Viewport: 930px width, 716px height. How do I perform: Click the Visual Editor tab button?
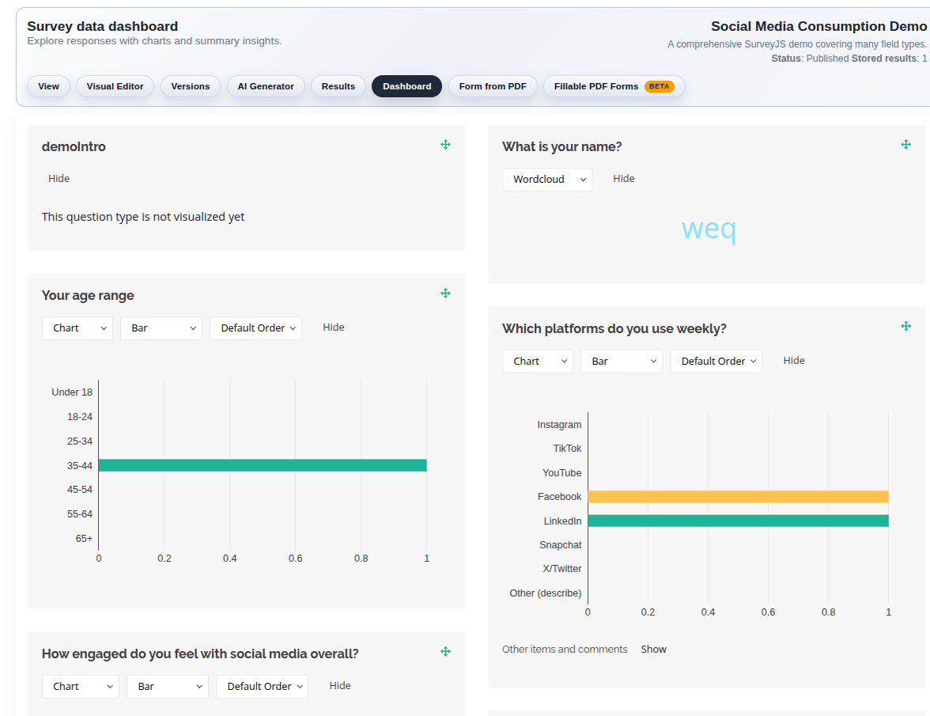[115, 86]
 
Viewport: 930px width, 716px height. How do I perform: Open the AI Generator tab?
[266, 86]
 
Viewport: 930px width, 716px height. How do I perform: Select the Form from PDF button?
[493, 86]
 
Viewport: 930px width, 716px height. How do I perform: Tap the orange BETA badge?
[659, 86]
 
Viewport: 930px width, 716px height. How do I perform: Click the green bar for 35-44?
[263, 465]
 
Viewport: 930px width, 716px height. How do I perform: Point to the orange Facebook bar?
[738, 497]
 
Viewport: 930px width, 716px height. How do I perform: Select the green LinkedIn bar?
[738, 521]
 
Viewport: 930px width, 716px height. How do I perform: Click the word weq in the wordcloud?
[709, 229]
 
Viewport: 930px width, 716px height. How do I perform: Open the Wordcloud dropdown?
[547, 180]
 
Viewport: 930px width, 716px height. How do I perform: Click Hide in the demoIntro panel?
[59, 179]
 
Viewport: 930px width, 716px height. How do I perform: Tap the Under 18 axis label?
[72, 392]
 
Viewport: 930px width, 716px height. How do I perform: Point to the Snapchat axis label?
[560, 545]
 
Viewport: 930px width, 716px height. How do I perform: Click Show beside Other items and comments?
[653, 650]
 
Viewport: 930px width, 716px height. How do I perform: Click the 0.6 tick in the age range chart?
[295, 559]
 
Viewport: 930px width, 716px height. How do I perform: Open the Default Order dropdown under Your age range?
[255, 328]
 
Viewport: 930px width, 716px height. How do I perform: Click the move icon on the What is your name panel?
[906, 145]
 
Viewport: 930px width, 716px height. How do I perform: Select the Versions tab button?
[190, 86]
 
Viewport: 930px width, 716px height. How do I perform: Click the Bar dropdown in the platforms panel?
[622, 362]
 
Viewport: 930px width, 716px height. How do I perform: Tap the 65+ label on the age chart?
[84, 539]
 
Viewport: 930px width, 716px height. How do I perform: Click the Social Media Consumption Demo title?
[818, 27]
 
